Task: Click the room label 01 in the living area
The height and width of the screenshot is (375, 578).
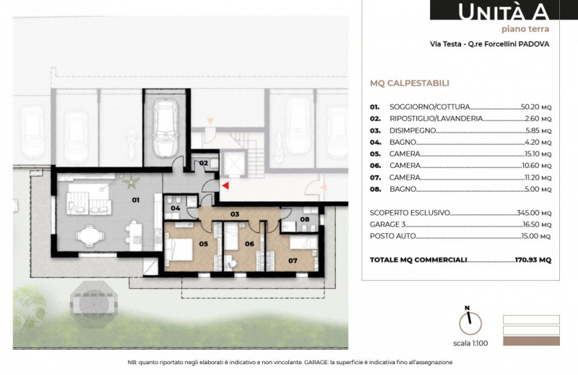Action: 136,200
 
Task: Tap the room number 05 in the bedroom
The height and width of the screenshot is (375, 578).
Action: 204,243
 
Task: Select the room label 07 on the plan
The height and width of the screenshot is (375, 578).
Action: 293,261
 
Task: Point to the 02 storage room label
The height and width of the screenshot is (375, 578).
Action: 204,163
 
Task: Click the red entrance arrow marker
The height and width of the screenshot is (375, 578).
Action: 225,185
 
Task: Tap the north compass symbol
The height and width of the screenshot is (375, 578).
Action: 470,321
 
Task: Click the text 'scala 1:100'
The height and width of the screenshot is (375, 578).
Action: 470,343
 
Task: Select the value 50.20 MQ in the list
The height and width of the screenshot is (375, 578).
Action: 536,107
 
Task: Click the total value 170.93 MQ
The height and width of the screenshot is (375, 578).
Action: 533,260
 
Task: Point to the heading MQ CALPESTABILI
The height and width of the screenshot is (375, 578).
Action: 410,83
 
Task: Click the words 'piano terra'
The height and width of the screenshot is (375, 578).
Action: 525,29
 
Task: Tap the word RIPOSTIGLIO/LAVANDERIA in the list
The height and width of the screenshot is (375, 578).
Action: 436,119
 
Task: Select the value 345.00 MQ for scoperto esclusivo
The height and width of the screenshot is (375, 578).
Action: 534,213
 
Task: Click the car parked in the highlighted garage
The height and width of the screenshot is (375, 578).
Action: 165,128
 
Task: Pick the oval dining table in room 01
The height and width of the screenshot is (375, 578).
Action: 90,235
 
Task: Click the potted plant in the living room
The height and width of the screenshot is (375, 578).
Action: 131,182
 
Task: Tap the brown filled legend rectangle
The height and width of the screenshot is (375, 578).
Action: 531,341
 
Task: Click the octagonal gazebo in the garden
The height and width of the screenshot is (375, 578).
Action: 94,302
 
